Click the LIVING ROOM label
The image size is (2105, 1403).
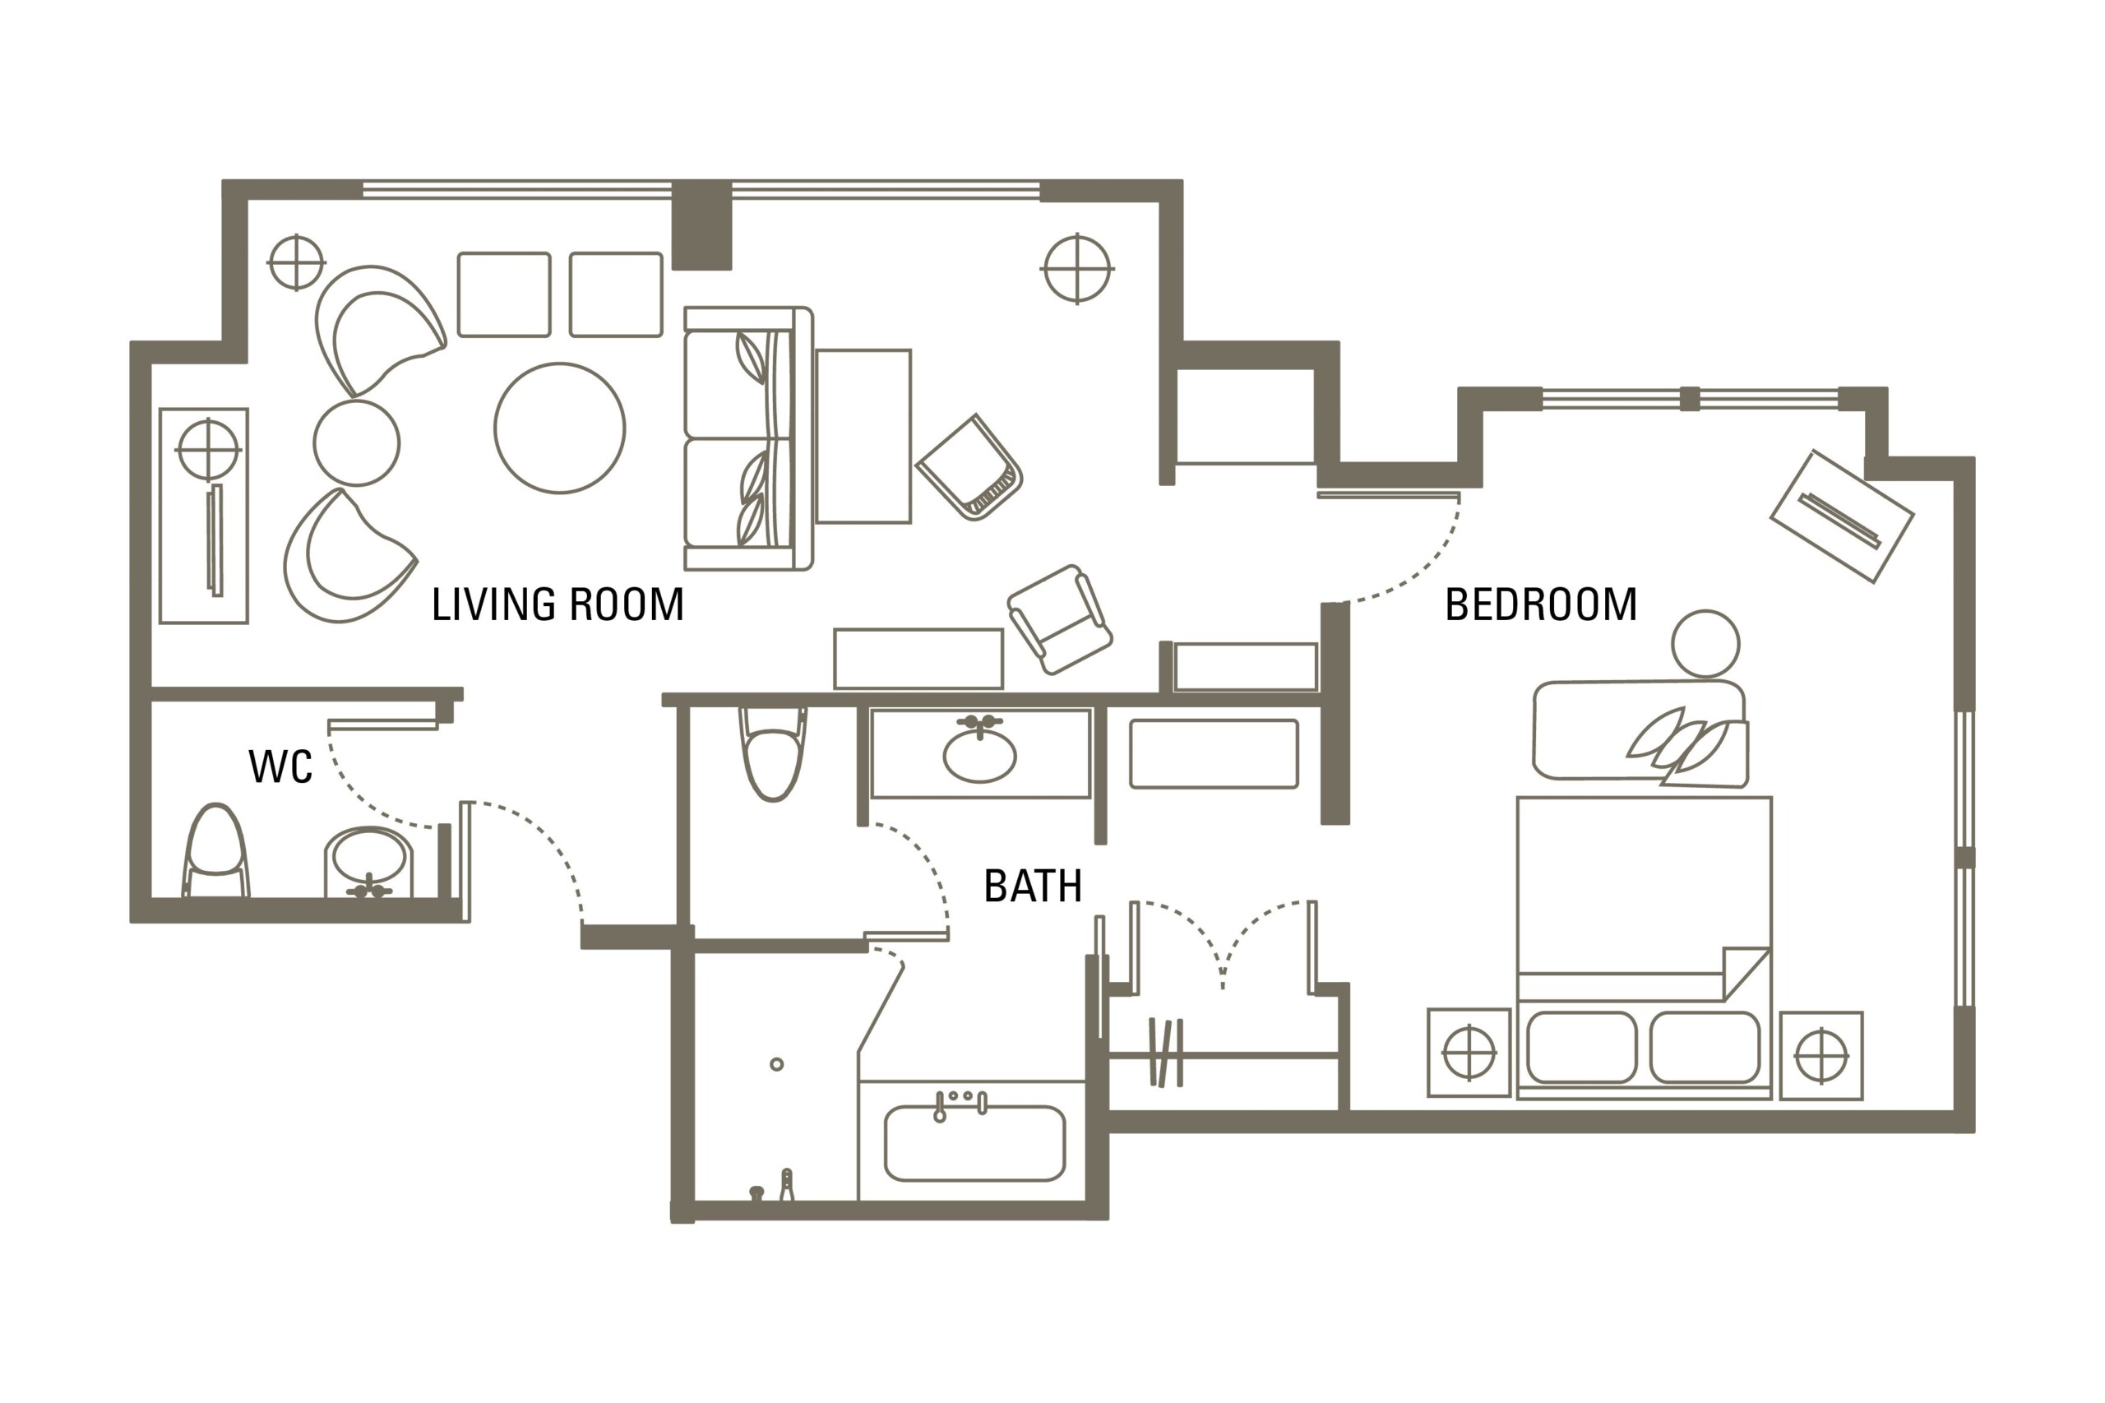point(557,604)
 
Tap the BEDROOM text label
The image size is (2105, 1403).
point(1540,604)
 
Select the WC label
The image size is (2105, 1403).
point(280,766)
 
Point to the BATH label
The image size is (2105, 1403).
point(1033,887)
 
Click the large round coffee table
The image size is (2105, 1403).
point(559,428)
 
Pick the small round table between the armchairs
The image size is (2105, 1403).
point(356,443)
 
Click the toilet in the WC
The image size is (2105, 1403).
point(215,851)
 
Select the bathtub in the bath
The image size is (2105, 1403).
point(974,1143)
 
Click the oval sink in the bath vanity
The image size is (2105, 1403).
point(978,755)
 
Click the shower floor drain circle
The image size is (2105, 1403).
point(776,1064)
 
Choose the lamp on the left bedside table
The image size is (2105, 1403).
point(1469,1054)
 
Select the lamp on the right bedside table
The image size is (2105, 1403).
point(1820,1056)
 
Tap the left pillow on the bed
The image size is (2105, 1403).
point(1582,1047)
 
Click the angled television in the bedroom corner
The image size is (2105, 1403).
point(1842,516)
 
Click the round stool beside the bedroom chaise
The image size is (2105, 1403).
point(1705,643)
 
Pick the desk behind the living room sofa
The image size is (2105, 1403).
point(863,436)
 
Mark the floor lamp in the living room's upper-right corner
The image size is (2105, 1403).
point(1077,268)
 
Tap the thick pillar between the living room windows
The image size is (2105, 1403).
point(701,225)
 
